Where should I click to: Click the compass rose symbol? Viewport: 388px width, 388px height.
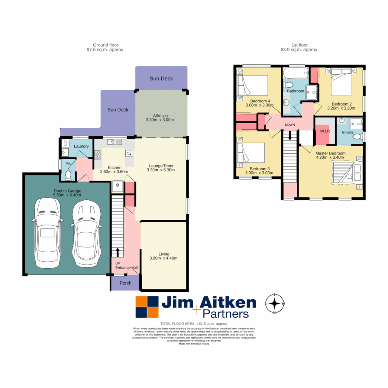pos(275,304)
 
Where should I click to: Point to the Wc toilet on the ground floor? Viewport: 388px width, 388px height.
pos(69,175)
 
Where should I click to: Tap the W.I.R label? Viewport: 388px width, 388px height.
pos(325,131)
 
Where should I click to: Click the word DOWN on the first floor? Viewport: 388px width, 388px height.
pos(290,125)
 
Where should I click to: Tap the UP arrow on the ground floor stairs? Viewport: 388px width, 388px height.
pos(117,252)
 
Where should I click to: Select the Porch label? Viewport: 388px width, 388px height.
pos(125,283)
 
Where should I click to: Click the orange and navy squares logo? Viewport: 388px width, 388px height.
pos(147,307)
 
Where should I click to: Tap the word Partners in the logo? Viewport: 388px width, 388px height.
pos(225,314)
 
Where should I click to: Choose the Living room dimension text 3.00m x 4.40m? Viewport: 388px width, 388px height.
pos(163,258)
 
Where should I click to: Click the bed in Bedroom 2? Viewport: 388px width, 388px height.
pos(341,82)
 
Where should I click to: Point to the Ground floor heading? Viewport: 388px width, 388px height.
pos(103,45)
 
